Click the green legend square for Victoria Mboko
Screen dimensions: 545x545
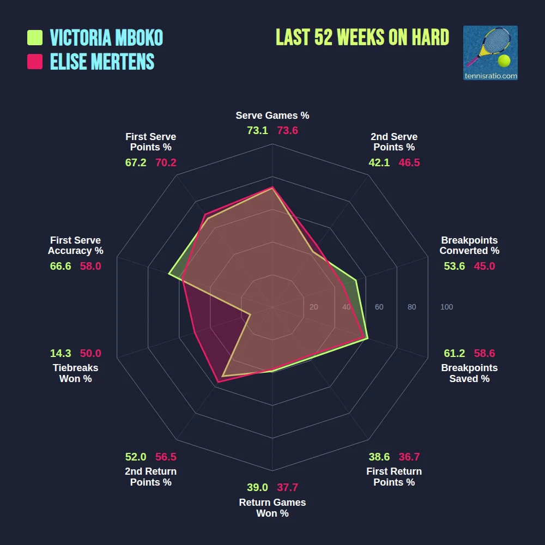pyautogui.click(x=35, y=38)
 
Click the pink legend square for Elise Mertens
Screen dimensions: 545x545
pyautogui.click(x=35, y=62)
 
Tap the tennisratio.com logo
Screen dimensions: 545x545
pyautogui.click(x=490, y=53)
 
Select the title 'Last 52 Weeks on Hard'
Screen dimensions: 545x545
pyautogui.click(x=362, y=38)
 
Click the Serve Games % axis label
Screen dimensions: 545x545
pyautogui.click(x=272, y=116)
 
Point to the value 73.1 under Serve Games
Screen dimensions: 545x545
pyautogui.click(x=257, y=131)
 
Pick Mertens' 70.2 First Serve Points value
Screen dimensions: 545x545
pyautogui.click(x=166, y=162)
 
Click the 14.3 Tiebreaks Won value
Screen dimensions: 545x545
pyautogui.click(x=60, y=353)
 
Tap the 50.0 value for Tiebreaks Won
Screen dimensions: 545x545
pyautogui.click(x=90, y=353)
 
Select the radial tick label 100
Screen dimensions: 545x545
pyautogui.click(x=446, y=307)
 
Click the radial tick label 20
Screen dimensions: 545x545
pyautogui.click(x=313, y=307)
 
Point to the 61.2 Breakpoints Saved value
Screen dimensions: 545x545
pyautogui.click(x=454, y=353)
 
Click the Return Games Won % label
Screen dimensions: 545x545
pyautogui.click(x=272, y=508)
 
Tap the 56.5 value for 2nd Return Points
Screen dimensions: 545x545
pyautogui.click(x=166, y=457)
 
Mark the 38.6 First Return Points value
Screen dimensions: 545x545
pyautogui.click(x=379, y=457)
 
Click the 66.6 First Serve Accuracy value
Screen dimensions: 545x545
pyautogui.click(x=60, y=266)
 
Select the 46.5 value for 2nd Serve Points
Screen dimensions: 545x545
pyautogui.click(x=409, y=162)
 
